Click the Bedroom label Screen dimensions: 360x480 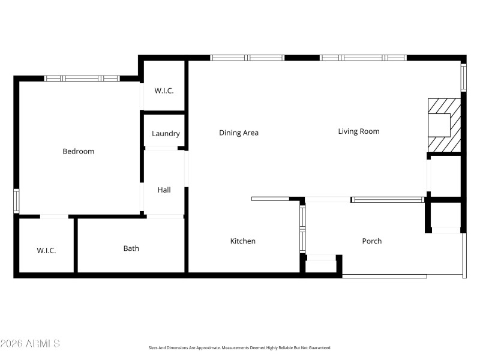(x=79, y=151)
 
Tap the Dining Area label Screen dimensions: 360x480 (x=239, y=133)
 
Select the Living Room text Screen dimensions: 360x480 (x=359, y=131)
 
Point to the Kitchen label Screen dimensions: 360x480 (x=243, y=241)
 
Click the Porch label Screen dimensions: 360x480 (x=372, y=241)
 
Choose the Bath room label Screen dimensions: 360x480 (x=131, y=248)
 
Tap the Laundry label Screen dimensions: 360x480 (x=166, y=134)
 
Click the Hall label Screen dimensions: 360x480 (x=164, y=190)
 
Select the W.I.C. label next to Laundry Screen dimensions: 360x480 (x=164, y=91)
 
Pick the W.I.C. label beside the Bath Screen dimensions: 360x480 (x=46, y=250)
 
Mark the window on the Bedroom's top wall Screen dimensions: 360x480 (x=82, y=78)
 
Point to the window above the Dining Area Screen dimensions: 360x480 (x=247, y=58)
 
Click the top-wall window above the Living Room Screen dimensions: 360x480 (x=363, y=58)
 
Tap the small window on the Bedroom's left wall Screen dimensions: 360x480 (x=16, y=200)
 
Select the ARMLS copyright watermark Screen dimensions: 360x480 (x=30, y=344)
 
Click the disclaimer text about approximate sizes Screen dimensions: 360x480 (x=240, y=347)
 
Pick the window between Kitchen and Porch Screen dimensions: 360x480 (x=302, y=228)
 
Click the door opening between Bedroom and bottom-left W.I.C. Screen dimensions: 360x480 (x=54, y=216)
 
